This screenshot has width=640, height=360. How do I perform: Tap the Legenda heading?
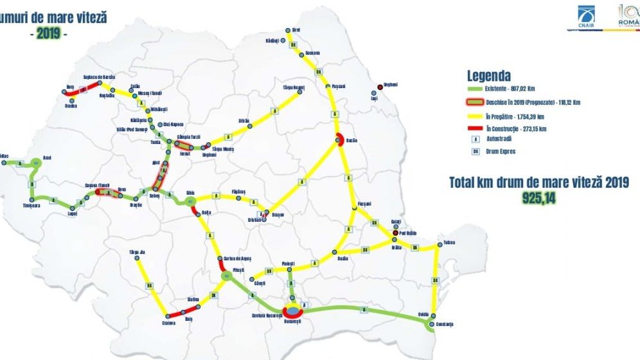(x=488, y=75)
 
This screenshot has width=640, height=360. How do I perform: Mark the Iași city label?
(x=375, y=99)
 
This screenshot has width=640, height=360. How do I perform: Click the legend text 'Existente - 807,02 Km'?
(x=515, y=88)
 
